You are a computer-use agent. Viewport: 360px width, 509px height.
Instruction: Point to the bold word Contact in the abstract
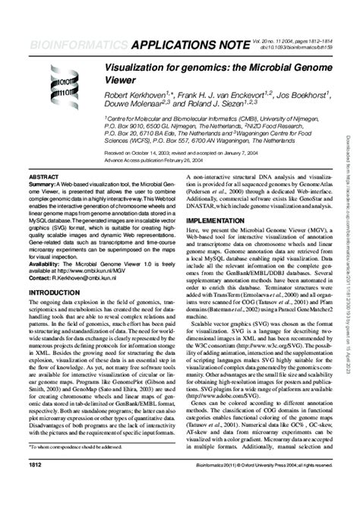[x=39, y=279]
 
